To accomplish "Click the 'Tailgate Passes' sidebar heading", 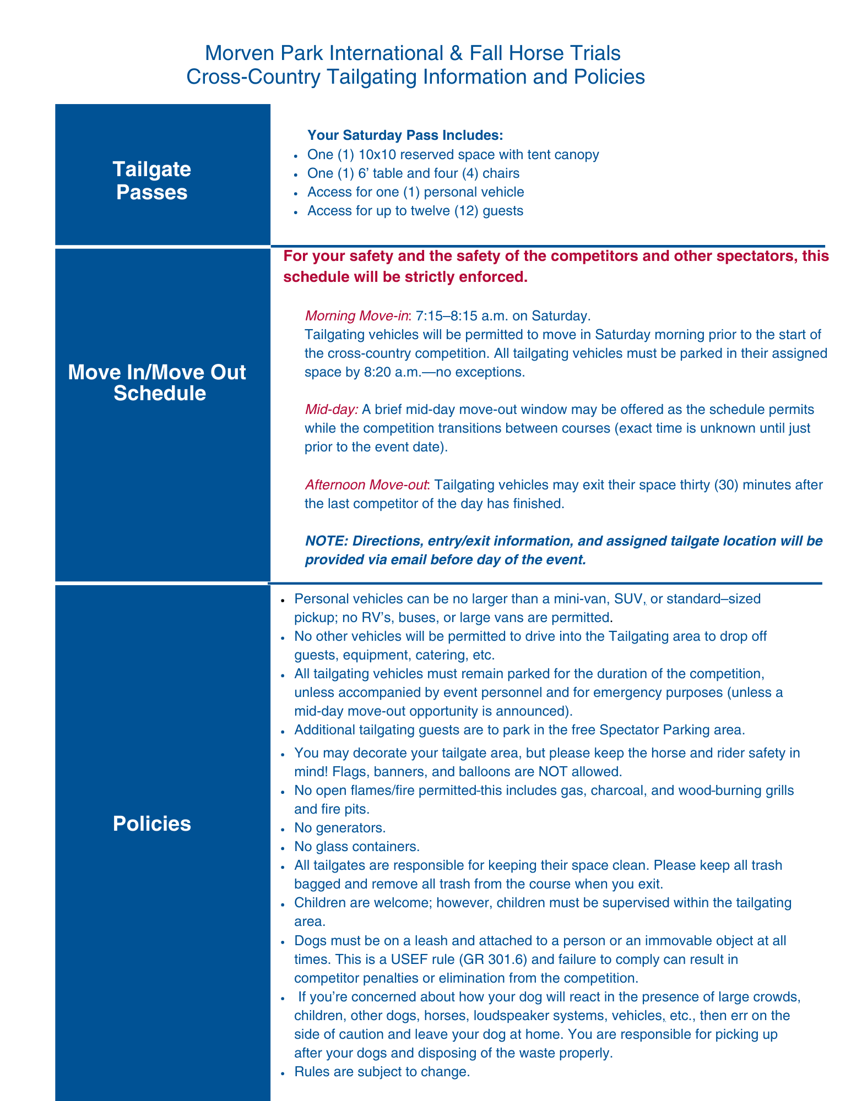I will pyautogui.click(x=151, y=181).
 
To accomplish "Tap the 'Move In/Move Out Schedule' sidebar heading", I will pyautogui.click(x=157, y=383).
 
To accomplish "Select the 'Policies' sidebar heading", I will pyautogui.click(x=152, y=824).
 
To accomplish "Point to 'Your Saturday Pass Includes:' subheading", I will pyautogui.click(x=405, y=135).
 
